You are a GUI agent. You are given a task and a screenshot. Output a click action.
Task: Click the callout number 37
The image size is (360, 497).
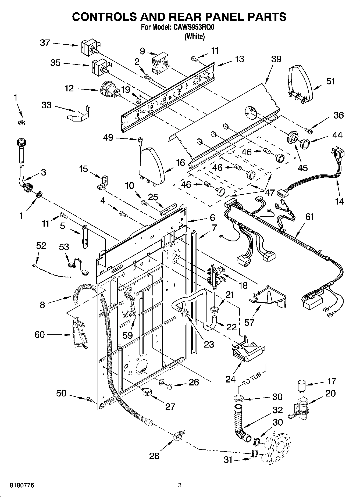click(45, 43)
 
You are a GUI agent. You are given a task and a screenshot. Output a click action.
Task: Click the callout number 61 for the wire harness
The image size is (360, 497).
click(310, 217)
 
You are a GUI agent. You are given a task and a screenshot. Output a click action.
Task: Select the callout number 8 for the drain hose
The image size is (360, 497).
click(42, 305)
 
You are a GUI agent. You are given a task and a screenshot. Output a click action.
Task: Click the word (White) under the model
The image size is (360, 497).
click(194, 37)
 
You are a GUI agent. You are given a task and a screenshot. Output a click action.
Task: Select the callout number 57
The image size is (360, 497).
click(249, 322)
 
